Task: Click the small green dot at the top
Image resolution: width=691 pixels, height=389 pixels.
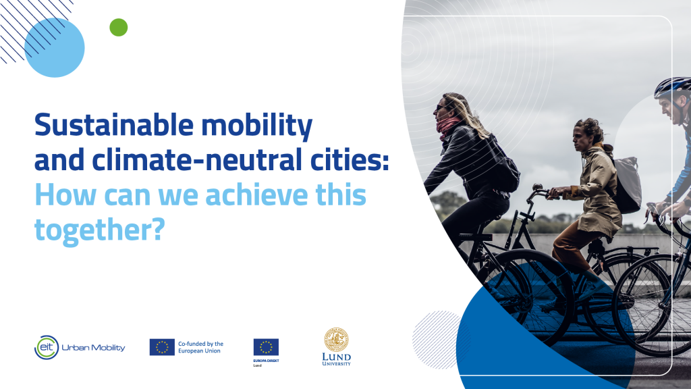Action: [118, 27]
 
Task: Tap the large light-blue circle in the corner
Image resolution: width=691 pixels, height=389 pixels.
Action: [54, 47]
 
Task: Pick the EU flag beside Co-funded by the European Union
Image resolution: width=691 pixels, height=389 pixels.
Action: [162, 347]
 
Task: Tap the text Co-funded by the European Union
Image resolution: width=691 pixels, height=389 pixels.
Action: [200, 347]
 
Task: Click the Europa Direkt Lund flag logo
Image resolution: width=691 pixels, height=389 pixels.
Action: [266, 347]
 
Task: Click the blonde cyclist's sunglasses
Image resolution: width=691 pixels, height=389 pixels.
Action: [440, 107]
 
